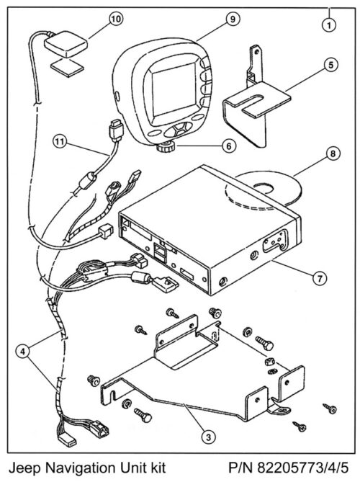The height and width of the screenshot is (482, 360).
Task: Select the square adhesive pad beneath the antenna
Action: (65, 68)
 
